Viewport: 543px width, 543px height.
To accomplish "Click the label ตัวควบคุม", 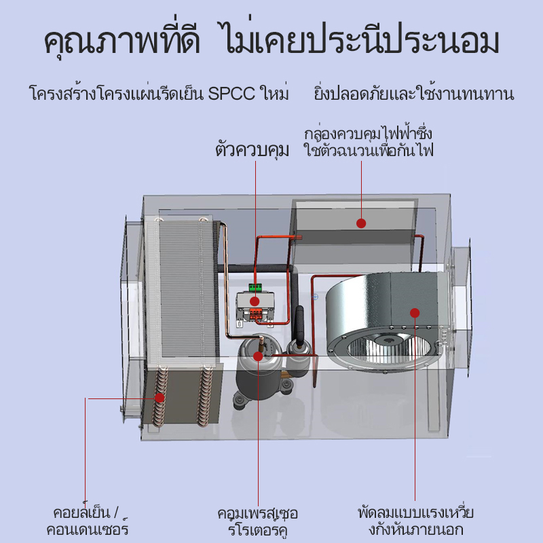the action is (x=252, y=150).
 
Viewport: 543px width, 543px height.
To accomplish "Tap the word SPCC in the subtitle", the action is (x=231, y=93).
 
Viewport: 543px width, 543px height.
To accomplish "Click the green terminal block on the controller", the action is (x=256, y=287).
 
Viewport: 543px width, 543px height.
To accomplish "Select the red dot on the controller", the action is (x=255, y=301).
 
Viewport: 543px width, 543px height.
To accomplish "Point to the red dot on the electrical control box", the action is (x=361, y=223).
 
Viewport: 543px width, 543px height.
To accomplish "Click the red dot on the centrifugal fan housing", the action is (x=415, y=313).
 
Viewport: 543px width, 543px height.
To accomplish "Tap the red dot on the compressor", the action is (x=259, y=356).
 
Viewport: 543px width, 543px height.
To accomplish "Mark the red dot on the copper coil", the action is (x=160, y=398).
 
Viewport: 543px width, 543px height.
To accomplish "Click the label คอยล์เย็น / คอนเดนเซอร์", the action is (x=87, y=521).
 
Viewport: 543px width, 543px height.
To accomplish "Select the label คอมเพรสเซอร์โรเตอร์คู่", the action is (x=258, y=521).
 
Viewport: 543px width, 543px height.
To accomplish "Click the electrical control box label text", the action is (x=368, y=143).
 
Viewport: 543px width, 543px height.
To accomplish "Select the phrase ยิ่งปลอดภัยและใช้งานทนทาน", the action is (x=414, y=94).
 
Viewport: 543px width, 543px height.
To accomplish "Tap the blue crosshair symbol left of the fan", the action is (x=315, y=297).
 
